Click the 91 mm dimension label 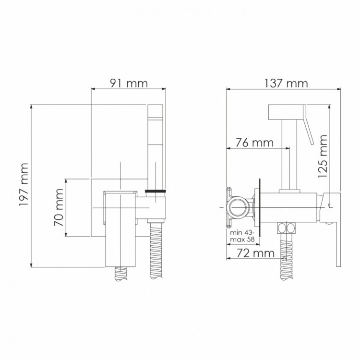click(128, 83)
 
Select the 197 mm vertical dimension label click(23, 185)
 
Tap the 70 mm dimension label click(58, 207)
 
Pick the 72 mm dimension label click(255, 252)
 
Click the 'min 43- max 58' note click(241, 235)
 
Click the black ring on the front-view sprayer click(156, 192)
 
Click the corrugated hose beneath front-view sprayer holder click(156, 250)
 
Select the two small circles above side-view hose click(286, 228)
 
